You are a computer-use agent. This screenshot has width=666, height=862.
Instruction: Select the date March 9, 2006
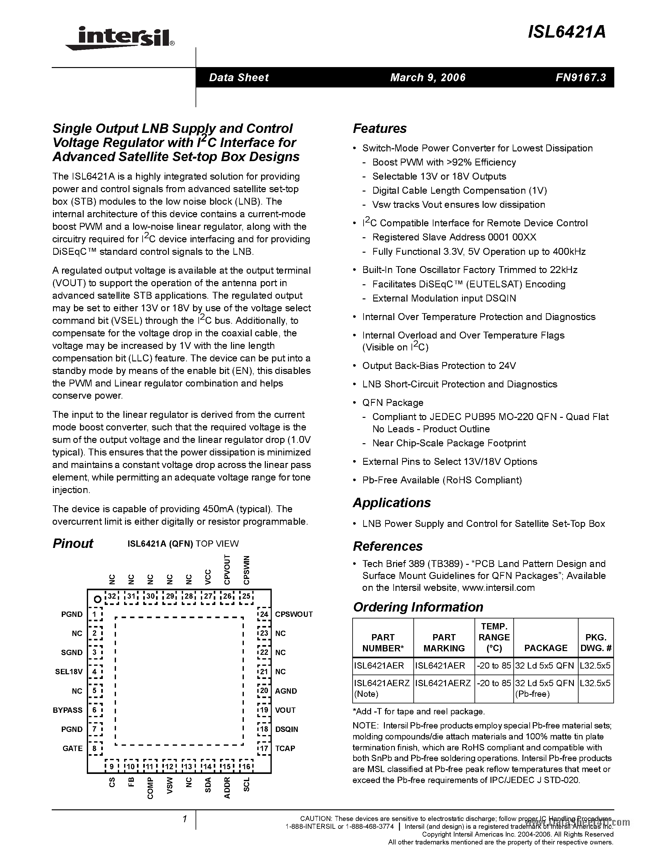click(x=428, y=77)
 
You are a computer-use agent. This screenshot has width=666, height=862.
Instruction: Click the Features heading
click(x=380, y=129)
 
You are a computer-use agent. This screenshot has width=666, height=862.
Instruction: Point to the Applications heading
click(x=392, y=503)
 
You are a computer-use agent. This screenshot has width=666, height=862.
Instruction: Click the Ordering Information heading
click(x=418, y=607)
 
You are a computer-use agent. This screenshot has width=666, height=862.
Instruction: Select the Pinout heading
click(x=73, y=544)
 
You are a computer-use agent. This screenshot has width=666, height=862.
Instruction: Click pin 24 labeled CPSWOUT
click(x=294, y=614)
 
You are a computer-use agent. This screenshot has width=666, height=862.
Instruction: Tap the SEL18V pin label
click(x=69, y=671)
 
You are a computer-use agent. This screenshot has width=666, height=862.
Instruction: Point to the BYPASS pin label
click(x=67, y=710)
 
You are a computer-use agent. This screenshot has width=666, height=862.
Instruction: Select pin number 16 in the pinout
click(x=247, y=766)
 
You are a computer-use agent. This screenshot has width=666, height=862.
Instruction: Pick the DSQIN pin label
click(x=286, y=729)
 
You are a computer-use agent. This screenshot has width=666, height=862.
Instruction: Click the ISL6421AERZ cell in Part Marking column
click(x=443, y=683)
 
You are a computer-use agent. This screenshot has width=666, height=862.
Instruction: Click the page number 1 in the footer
click(x=184, y=819)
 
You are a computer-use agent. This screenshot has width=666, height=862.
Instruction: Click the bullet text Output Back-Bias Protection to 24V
click(x=439, y=366)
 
